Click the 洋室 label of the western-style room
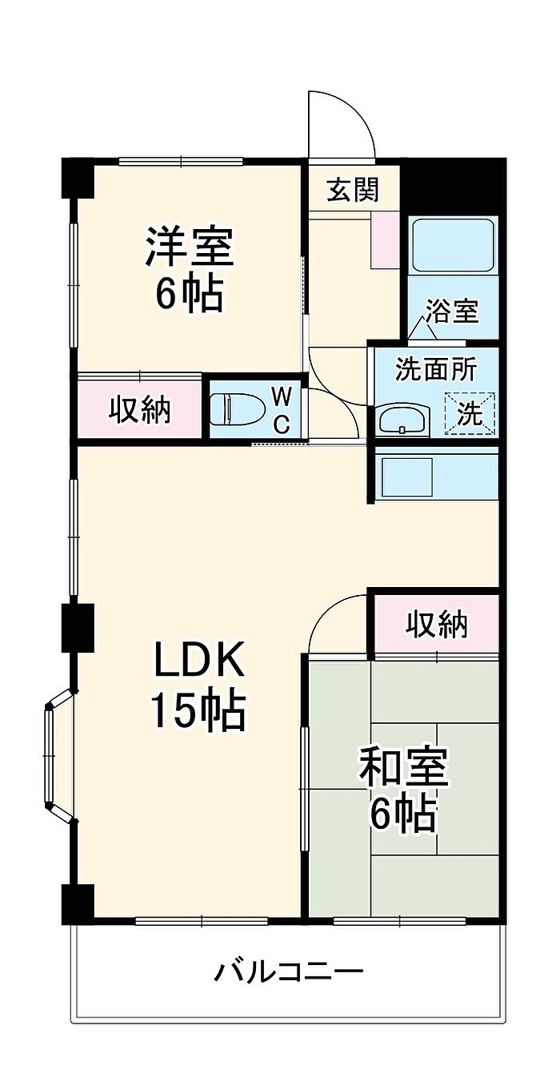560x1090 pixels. click(189, 247)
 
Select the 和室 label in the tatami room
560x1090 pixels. click(404, 767)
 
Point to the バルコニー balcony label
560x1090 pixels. click(289, 972)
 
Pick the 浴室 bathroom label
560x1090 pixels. click(452, 310)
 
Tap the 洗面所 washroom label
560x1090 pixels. click(436, 369)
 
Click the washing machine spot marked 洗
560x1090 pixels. click(470, 413)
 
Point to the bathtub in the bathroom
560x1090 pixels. click(452, 244)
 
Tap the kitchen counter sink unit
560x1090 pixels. click(436, 476)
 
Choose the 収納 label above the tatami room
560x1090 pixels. click(436, 623)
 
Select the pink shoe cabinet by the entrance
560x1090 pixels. click(385, 239)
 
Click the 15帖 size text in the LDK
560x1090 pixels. click(198, 710)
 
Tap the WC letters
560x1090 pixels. click(281, 409)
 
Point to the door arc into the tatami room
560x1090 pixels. click(336, 621)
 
